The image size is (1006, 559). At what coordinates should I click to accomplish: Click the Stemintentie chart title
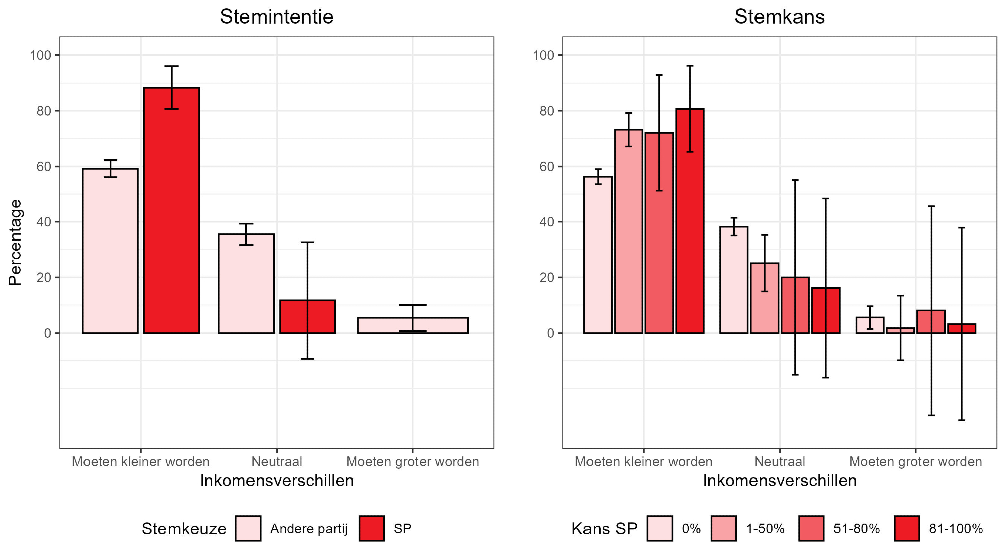click(x=277, y=17)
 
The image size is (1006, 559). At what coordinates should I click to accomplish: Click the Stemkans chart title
click(x=779, y=17)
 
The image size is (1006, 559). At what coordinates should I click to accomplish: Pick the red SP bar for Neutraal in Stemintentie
click(x=307, y=316)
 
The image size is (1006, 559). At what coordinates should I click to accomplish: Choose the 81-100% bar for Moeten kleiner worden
click(x=690, y=221)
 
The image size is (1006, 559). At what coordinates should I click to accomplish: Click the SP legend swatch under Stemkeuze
click(x=372, y=528)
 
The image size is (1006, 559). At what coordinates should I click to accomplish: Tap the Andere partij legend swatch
click(x=248, y=528)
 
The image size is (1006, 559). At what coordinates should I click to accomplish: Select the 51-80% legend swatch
click(x=811, y=528)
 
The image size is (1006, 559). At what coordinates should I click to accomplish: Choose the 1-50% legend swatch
click(x=724, y=528)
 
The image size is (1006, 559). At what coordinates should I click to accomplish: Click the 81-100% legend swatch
click(x=907, y=528)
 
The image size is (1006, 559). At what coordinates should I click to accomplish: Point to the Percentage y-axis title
click(x=15, y=243)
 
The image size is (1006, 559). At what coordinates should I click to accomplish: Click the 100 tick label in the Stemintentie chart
click(x=41, y=55)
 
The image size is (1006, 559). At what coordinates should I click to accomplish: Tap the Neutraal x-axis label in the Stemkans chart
click(x=779, y=462)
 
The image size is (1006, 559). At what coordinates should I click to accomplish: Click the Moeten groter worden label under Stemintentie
click(x=412, y=462)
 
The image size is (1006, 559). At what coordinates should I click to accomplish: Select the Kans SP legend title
click(x=604, y=529)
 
